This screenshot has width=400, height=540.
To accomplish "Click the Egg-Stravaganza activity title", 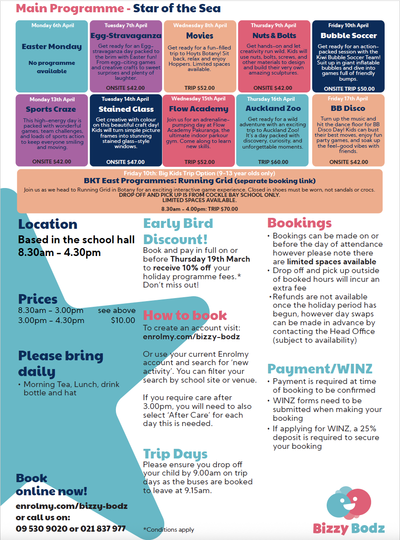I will point(126,36).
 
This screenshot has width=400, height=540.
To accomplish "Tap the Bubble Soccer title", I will point(348,36).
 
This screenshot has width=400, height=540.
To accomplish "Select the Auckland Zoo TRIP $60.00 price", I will point(273,162).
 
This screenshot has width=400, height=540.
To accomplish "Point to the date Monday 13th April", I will point(52,99).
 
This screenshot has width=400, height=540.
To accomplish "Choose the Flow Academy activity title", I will point(199,109).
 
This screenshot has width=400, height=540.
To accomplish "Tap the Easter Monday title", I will point(52,46).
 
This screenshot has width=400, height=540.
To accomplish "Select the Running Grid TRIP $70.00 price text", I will point(200,209).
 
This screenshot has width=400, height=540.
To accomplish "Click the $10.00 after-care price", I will point(123,320).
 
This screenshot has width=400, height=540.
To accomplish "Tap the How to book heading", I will point(185,315).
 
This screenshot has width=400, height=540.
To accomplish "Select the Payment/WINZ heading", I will point(320,369).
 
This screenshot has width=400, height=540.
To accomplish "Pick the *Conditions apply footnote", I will point(169,529).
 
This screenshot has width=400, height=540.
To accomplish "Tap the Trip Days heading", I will point(175,454).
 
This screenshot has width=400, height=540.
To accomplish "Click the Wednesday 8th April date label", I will point(200,25).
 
